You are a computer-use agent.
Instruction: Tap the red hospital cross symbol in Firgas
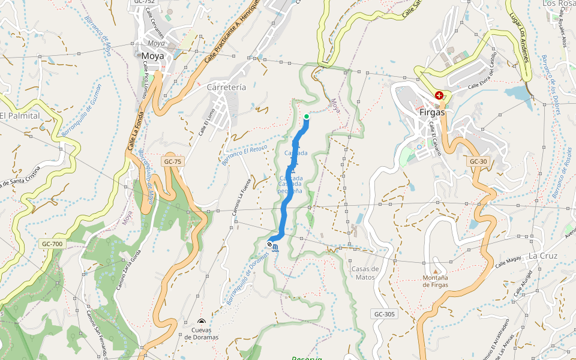(439, 95)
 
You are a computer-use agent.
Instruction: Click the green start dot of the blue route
(307, 116)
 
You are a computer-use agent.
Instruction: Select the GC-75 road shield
(172, 162)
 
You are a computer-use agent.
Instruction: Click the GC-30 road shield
(478, 161)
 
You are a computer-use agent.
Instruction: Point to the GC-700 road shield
(53, 244)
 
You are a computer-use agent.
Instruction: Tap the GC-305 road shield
(384, 314)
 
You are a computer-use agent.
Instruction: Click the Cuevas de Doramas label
(201, 333)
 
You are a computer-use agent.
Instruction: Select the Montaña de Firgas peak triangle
(427, 262)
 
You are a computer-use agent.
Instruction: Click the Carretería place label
(226, 87)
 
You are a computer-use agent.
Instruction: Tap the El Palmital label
(19, 115)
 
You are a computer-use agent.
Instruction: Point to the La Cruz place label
(543, 256)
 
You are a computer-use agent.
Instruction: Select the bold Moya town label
(153, 56)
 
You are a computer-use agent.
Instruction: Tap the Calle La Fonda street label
(136, 130)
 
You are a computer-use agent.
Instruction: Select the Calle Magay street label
(508, 260)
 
